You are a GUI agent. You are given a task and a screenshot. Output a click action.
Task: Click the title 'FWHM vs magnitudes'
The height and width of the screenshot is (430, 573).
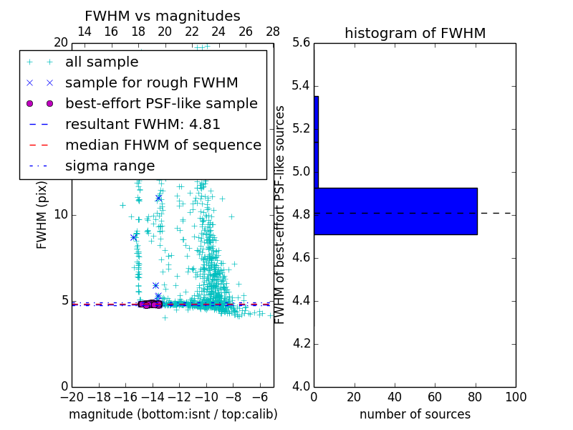pos(163,16)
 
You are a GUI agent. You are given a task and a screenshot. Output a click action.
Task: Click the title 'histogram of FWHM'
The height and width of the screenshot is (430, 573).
pos(415,33)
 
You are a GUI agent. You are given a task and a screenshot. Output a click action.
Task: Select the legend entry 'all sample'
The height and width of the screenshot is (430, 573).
pos(102,62)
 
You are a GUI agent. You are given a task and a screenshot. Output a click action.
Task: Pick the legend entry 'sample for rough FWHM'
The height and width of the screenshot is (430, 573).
pos(151,82)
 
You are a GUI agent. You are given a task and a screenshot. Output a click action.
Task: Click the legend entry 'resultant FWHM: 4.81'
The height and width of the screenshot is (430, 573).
pos(143,124)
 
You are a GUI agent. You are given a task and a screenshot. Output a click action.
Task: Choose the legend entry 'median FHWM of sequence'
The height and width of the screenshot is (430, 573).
pos(163,145)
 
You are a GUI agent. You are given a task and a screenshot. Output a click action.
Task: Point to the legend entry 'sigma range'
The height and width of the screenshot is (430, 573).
pos(110,166)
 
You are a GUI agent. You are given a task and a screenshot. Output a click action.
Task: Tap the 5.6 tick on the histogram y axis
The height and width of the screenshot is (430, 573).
pos(301,43)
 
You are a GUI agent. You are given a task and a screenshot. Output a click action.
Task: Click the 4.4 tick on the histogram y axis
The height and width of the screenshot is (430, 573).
pos(301,300)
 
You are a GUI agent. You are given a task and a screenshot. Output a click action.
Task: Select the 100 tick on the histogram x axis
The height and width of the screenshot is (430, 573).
pos(516,397)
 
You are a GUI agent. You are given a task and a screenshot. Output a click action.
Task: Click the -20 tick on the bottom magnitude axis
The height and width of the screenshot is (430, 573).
pos(72,397)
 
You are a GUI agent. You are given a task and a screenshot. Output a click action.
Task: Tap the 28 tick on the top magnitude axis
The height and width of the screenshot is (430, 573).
pos(273,32)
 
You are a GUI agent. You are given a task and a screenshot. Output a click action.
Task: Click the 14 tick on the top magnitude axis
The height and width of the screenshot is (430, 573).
pos(84,32)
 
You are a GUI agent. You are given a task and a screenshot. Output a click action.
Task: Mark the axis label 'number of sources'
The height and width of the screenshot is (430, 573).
pos(415,414)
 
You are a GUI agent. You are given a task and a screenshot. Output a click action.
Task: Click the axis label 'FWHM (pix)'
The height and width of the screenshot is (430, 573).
pos(42,215)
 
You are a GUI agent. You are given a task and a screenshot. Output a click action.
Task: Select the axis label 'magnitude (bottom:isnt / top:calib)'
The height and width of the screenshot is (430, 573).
pos(173,414)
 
